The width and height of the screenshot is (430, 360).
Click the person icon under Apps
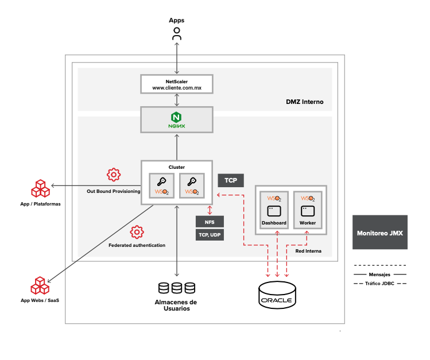click(x=177, y=34)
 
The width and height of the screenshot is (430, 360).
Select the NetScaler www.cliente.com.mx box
click(x=176, y=84)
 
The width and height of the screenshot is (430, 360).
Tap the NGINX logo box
click(x=176, y=120)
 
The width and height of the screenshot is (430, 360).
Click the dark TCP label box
click(x=231, y=180)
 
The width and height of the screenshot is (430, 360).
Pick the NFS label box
click(x=210, y=222)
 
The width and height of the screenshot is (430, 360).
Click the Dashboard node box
click(x=274, y=210)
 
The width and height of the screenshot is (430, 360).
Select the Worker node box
click(x=308, y=210)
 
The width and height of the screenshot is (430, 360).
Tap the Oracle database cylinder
click(x=277, y=293)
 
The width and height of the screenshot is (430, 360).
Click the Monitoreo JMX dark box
click(x=380, y=233)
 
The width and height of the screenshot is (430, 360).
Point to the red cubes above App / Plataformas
click(x=40, y=189)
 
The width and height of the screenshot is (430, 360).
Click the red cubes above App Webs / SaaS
click(x=40, y=286)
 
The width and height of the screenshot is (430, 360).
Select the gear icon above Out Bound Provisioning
click(x=114, y=175)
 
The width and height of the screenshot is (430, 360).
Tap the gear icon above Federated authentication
click(x=137, y=232)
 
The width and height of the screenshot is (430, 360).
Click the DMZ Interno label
click(x=305, y=102)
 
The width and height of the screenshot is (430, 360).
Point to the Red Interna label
click(x=308, y=251)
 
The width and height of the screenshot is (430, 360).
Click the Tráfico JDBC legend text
click(x=380, y=283)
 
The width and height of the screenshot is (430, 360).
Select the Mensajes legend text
click(x=380, y=274)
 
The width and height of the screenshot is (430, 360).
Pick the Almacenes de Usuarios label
click(x=176, y=305)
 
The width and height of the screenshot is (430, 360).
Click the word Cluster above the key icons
click(x=176, y=167)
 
